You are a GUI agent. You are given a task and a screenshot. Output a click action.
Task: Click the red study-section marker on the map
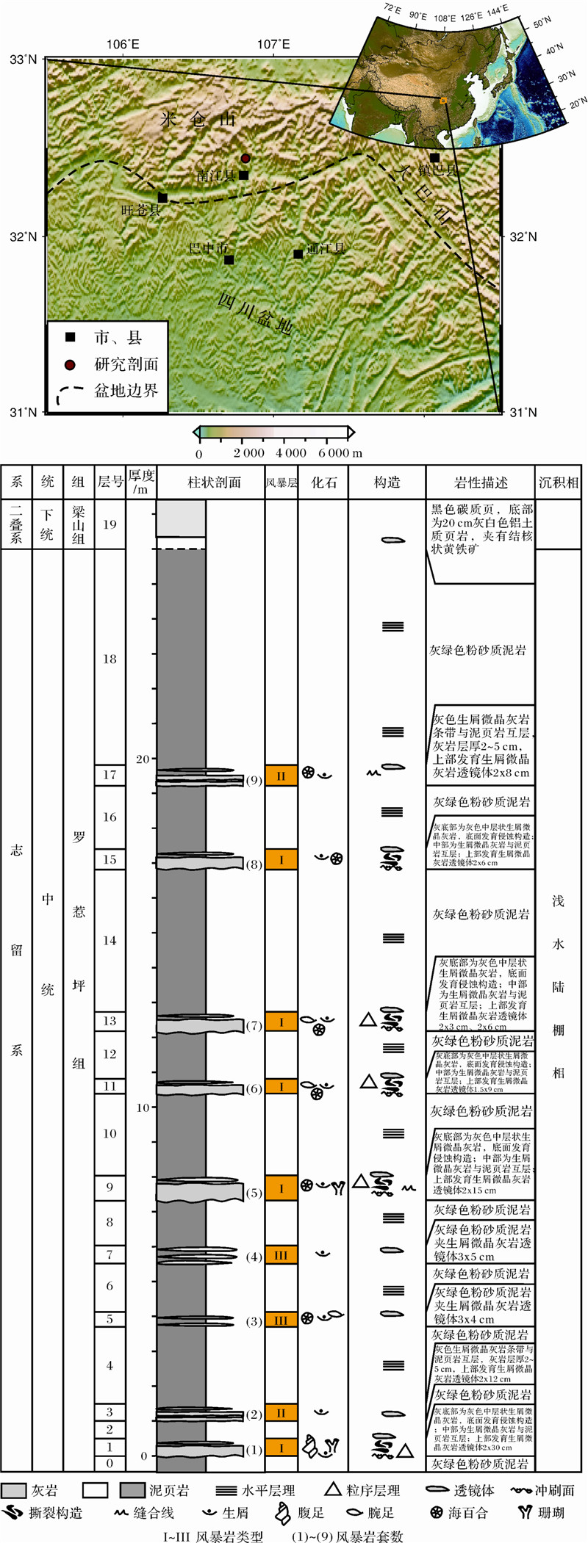(245, 158)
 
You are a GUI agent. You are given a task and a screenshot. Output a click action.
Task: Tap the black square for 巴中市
(229, 259)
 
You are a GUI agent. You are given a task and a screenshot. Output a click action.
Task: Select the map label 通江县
(326, 248)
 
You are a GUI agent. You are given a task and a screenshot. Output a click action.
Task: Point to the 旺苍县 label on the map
(140, 210)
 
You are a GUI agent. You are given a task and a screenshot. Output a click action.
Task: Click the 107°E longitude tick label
(273, 44)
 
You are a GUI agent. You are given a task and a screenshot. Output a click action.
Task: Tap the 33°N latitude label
(23, 59)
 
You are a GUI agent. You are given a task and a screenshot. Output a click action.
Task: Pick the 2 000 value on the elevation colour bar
(248, 452)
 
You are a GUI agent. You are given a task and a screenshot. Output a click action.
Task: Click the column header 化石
(323, 483)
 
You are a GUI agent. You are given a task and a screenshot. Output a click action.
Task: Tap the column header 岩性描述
(481, 483)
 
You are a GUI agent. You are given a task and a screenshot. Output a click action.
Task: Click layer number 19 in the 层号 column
(110, 524)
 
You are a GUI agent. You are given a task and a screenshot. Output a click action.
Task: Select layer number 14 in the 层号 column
(110, 940)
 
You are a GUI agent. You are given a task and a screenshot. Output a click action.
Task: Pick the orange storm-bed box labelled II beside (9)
(281, 776)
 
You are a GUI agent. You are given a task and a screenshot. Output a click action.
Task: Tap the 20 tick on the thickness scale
(142, 759)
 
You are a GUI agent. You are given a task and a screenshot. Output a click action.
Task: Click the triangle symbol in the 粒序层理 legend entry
(333, 1488)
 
